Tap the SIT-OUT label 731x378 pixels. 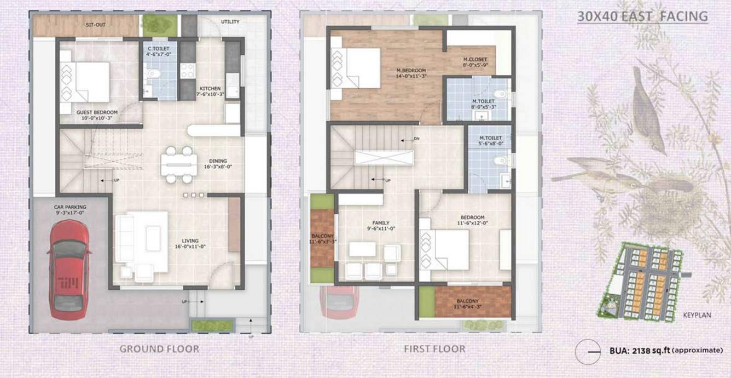point(95,25)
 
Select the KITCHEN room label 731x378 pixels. point(210,88)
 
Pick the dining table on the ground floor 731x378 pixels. point(179,164)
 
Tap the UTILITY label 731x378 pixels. point(230,22)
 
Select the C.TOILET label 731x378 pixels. point(158,49)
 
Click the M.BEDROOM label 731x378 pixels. point(411,71)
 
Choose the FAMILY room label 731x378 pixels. point(376,223)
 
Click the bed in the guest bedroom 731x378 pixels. point(86,82)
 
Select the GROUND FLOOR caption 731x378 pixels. point(159,348)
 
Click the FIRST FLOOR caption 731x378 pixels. point(434,348)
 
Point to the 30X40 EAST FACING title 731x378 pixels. point(642,16)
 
